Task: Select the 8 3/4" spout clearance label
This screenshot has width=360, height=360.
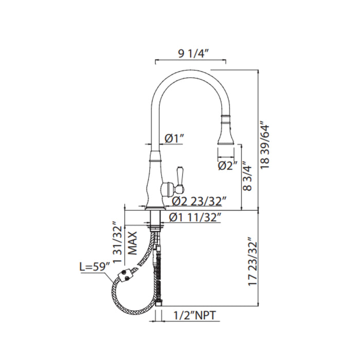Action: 247,176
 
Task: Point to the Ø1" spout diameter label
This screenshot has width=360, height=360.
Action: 174,138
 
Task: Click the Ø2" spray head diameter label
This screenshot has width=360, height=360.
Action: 228,165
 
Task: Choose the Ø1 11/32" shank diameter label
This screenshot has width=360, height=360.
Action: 195,218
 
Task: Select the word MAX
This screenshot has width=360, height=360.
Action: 133,243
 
